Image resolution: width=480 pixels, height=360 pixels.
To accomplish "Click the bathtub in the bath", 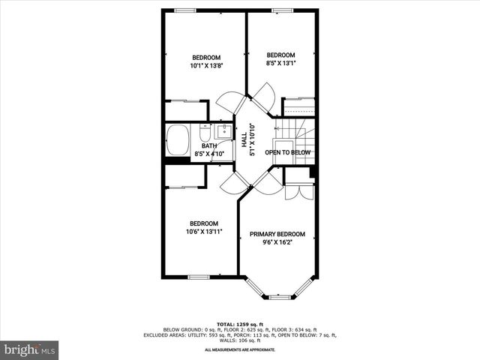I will click(x=177, y=139).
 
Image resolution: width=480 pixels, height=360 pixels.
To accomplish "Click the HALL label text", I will click(x=244, y=139).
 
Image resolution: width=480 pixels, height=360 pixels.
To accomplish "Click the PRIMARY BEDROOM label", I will click(x=277, y=234).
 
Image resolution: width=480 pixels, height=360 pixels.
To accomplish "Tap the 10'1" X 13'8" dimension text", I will click(x=206, y=66).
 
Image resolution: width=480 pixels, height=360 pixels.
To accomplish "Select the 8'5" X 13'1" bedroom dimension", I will click(x=281, y=64).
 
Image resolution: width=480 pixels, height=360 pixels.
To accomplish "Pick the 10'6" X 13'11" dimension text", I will click(x=204, y=232).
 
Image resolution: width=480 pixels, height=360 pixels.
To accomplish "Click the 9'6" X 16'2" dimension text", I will click(x=277, y=242).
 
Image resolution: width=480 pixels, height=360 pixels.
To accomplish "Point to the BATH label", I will click(x=209, y=146).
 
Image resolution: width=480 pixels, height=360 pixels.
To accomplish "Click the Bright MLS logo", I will click(x=30, y=349).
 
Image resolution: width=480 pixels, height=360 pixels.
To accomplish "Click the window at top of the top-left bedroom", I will click(x=186, y=10).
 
